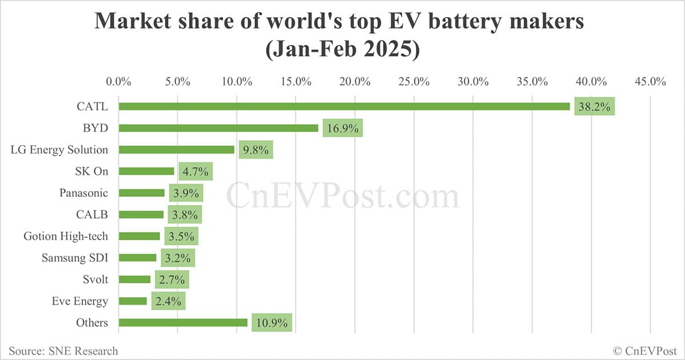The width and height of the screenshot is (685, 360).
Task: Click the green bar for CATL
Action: coord(344,106)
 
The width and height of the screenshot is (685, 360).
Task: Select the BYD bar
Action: coord(219,128)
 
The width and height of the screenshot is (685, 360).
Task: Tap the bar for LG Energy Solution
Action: coord(176,149)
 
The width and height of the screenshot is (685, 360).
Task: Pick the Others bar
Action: coord(183,322)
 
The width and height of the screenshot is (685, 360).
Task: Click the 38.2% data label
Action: coord(594,106)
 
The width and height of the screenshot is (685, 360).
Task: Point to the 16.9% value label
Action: coord(342,128)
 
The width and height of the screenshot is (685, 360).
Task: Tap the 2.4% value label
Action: coord(168,301)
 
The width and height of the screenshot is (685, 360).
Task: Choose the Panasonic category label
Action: coord(83,193)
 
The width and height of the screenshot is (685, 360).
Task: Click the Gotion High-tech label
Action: coord(66,236)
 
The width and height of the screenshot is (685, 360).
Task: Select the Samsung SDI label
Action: coord(75,257)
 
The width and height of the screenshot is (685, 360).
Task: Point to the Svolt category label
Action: coord(95,279)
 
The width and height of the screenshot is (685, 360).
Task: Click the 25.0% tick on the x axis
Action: coord(414,81)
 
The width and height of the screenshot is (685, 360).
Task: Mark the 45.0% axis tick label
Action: coord(650,81)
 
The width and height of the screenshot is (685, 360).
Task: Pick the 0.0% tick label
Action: coord(119,81)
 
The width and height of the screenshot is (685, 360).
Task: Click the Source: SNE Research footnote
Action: coord(63,351)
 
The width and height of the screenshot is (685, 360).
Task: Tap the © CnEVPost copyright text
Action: coord(644,351)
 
